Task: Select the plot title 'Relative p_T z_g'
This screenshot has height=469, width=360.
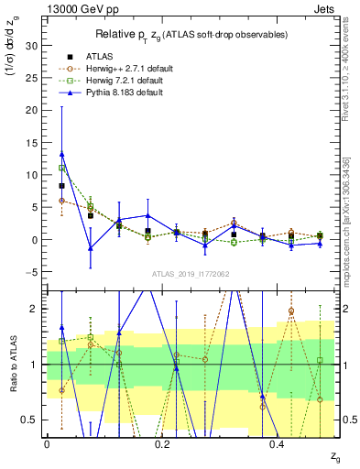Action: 146,35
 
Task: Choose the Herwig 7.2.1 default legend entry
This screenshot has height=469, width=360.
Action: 111,81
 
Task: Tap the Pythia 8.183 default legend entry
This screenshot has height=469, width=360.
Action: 110,93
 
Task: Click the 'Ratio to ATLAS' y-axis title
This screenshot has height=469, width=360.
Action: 11,364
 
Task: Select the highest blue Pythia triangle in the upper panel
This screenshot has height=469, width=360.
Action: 61,154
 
